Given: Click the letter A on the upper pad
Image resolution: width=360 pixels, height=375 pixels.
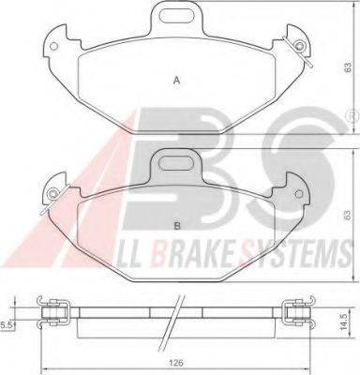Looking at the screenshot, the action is (177, 81).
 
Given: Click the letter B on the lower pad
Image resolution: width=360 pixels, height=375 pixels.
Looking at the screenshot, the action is (177, 226).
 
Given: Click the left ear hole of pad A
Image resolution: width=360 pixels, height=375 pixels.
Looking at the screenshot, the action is (53, 46).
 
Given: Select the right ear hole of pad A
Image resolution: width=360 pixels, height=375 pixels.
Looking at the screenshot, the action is (300, 46).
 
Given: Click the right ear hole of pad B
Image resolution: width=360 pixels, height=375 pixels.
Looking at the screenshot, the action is (298, 193).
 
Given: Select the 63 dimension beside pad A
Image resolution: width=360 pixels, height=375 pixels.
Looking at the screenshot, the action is (348, 67).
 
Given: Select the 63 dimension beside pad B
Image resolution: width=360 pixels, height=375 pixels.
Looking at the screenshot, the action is (348, 215).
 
